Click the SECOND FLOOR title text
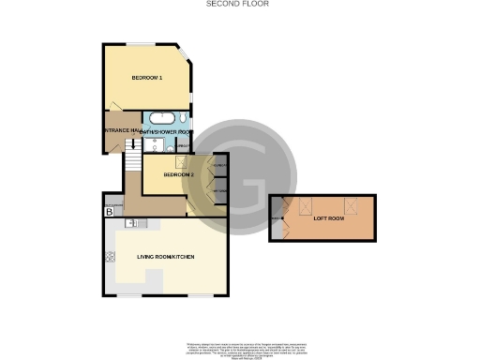pos(237,5)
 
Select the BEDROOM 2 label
pos(178,175)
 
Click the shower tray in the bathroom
pos(145,144)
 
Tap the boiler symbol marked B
pos(110,213)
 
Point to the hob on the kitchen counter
pos(110,255)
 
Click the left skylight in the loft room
pos(304,207)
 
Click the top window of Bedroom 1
pos(142,44)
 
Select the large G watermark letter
pos(248,185)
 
